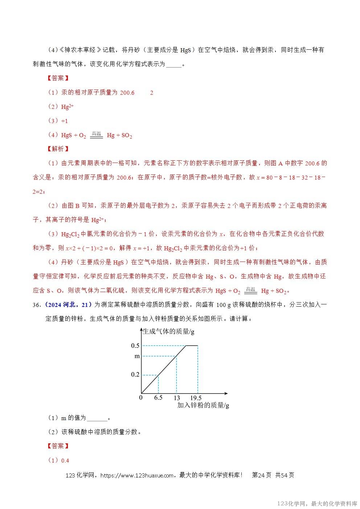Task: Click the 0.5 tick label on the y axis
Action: pyautogui.click(x=135, y=346)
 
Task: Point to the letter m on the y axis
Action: pyautogui.click(x=137, y=356)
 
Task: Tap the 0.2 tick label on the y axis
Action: pyautogui.click(x=135, y=374)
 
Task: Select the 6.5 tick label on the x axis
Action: pyautogui.click(x=158, y=398)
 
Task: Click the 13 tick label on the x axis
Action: pyautogui.click(x=177, y=398)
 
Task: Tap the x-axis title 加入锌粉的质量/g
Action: pyautogui.click(x=203, y=405)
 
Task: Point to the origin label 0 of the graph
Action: pyautogui.click(x=141, y=398)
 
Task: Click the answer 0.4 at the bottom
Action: pyautogui.click(x=65, y=460)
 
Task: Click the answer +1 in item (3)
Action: pyautogui.click(x=65, y=121)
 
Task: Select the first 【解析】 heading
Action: pyautogui.click(x=58, y=149)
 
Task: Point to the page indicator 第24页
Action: pyautogui.click(x=261, y=475)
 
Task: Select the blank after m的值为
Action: pyautogui.click(x=97, y=418)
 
